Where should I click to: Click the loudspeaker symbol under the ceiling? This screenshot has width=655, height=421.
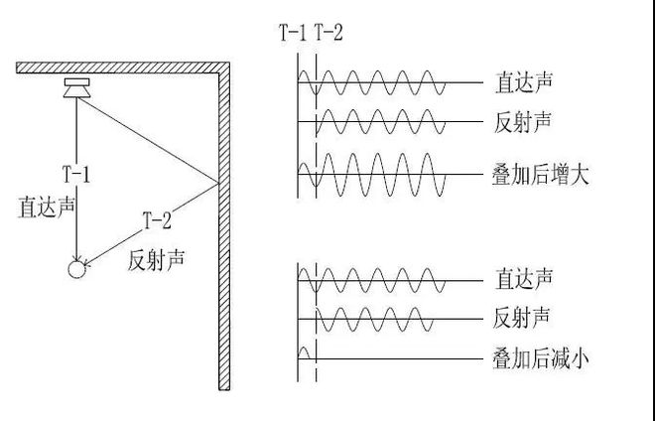tap(76, 87)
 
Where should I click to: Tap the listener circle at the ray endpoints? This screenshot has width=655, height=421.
tap(76, 269)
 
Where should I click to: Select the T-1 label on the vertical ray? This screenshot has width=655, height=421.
tap(76, 174)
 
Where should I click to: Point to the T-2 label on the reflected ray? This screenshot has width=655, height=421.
tap(157, 220)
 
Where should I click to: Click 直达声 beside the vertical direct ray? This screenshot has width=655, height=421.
tap(47, 207)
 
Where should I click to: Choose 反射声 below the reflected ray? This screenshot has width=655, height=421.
tap(156, 259)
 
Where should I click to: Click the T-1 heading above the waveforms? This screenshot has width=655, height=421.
tap(293, 33)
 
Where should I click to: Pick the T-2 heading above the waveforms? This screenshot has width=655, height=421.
tap(328, 33)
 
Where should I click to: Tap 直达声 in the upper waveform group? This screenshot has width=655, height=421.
tap(524, 82)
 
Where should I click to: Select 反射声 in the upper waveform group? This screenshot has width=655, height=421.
tap(523, 122)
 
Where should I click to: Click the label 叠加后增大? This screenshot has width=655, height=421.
tap(541, 175)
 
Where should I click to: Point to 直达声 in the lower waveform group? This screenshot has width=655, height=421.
tap(524, 279)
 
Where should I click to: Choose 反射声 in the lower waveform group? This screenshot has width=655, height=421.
tap(521, 318)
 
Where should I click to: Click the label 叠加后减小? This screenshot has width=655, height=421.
tap(541, 359)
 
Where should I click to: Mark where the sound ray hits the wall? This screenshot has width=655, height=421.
tap(218, 183)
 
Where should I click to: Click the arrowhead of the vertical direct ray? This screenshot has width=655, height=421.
tap(76, 257)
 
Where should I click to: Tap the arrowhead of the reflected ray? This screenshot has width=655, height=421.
tap(87, 263)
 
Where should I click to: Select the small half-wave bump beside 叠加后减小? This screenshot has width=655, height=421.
tap(304, 352)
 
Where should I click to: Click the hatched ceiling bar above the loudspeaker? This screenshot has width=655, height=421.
tap(123, 68)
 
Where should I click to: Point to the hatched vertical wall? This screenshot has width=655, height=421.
tap(224, 226)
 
